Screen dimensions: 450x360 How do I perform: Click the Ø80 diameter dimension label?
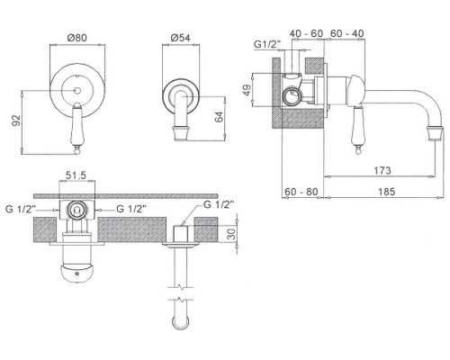pos(77,38)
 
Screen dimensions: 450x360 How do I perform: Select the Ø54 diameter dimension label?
pos(181,38)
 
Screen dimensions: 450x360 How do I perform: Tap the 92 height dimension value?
pos(17,121)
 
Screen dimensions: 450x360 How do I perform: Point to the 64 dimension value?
pos(220,117)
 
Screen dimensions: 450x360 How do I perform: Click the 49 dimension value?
pos(247,90)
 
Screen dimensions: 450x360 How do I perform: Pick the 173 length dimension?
pos(382,170)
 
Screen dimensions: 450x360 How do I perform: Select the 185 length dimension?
pos(386,192)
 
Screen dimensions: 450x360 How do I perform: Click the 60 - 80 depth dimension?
pos(301,192)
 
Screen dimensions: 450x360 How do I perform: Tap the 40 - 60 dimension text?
pos(306,33)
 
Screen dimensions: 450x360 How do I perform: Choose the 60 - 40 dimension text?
pos(347,33)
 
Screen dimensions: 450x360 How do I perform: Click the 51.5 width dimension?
pos(76,175)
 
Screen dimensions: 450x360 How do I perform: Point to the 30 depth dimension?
pos(231,233)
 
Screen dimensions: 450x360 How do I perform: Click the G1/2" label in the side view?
pos(267,44)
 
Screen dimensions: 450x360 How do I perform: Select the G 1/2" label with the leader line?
pos(219,204)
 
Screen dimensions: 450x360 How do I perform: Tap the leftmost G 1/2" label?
pos(21,209)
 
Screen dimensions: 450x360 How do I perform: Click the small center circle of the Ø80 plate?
pos(77,90)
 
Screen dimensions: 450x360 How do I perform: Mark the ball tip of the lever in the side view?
pos(357,151)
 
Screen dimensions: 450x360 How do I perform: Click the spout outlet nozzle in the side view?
pos(435,133)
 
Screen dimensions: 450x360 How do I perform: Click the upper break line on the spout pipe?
pos(180,287)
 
